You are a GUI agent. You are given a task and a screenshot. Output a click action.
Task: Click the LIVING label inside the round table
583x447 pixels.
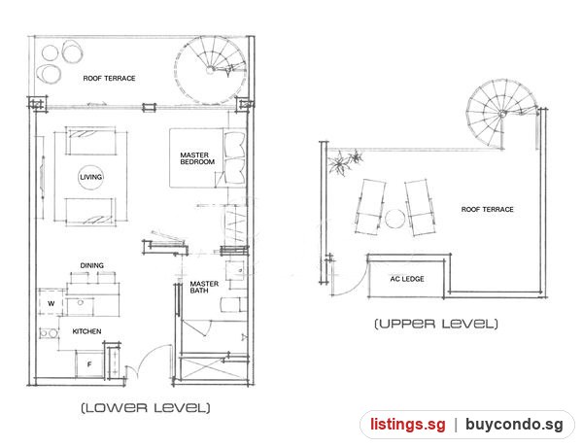click(x=91, y=177)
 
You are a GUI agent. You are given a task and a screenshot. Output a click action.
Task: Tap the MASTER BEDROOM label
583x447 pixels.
click(x=197, y=158)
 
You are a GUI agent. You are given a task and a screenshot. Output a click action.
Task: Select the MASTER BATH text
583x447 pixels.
click(x=204, y=287)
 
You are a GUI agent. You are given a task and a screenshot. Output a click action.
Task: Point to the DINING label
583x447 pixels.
click(x=92, y=265)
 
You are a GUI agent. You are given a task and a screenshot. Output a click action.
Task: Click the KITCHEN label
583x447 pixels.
click(x=86, y=331)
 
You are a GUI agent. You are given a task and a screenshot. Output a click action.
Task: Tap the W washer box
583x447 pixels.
click(x=51, y=302)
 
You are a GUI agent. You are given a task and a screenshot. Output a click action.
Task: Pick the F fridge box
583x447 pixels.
click(x=89, y=364)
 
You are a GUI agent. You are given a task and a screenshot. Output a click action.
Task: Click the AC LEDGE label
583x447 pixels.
click(x=407, y=279)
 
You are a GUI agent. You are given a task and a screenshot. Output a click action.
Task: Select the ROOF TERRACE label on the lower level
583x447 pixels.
click(x=109, y=79)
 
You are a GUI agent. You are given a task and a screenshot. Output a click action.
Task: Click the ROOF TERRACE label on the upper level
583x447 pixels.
click(x=487, y=210)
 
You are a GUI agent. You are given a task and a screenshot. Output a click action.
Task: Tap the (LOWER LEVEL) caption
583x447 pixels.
click(x=146, y=407)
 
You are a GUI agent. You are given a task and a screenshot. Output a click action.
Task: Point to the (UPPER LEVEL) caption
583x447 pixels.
click(x=435, y=324)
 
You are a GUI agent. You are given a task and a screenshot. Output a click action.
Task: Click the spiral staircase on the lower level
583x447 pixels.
click(x=211, y=70)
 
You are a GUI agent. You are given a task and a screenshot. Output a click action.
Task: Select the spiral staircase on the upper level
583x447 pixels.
click(x=502, y=114)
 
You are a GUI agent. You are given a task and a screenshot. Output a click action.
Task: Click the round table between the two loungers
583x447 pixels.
click(x=394, y=219)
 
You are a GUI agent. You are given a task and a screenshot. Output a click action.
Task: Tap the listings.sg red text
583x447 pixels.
click(x=407, y=425)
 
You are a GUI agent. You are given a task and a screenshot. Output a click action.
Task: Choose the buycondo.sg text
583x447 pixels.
click(x=514, y=425)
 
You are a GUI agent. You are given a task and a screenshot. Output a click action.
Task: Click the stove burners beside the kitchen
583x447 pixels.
click(x=49, y=333)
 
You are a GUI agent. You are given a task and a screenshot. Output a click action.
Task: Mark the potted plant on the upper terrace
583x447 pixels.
click(x=344, y=161)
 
